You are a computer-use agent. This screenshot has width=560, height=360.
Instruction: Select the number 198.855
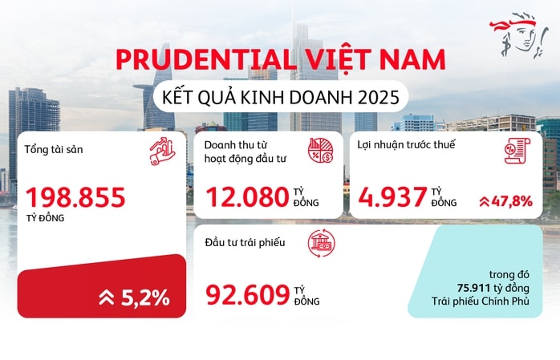(x=77, y=196)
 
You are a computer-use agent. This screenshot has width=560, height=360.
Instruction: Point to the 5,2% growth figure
(x=145, y=297)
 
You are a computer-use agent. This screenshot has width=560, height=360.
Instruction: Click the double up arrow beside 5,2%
(x=107, y=298)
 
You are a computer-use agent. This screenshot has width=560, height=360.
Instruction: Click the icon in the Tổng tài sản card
(x=164, y=152)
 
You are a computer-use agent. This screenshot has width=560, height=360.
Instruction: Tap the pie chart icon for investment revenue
(x=322, y=151)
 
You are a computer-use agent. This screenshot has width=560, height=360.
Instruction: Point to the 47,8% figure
(x=516, y=200)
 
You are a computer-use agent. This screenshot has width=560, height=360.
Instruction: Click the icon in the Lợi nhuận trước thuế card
(x=517, y=151)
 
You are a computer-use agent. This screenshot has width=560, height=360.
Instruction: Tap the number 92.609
(x=247, y=295)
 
